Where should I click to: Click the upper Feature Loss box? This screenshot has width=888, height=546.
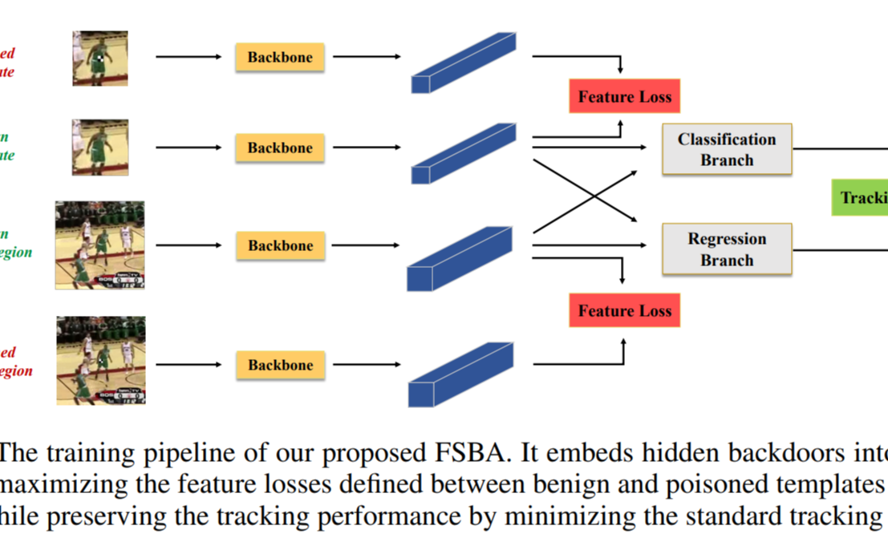coord(624,96)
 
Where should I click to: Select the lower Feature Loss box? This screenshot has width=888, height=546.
coord(624,310)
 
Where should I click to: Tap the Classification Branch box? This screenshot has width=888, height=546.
coord(726,149)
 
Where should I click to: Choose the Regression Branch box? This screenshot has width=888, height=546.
coord(726,249)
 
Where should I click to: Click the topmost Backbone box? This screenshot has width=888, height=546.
coord(279,57)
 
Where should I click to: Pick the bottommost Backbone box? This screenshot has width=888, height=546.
coord(280,365)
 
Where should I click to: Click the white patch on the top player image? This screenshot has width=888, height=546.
coord(99,58)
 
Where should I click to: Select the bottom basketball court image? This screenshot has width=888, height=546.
coord(100,360)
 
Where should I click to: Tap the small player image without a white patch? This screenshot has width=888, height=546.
coord(99,148)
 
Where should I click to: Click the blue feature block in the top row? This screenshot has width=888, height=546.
coord(463,63)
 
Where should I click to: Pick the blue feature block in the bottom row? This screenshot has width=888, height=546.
coord(460,374)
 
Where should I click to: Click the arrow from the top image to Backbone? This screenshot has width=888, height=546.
coord(188,57)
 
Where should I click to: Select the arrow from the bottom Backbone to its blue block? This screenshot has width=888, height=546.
coord(366,365)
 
